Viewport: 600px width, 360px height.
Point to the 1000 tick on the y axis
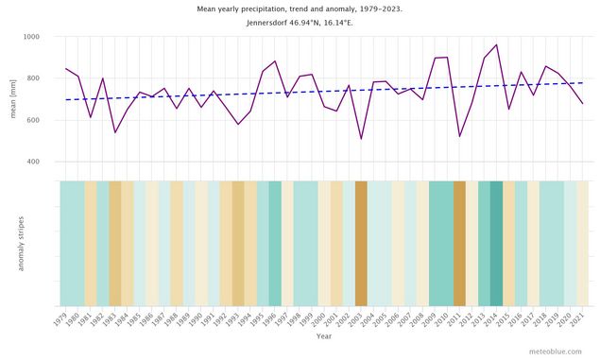(x=30, y=37)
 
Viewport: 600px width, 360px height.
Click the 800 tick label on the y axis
(x=33, y=78)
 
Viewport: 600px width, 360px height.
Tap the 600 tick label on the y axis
(x=33, y=120)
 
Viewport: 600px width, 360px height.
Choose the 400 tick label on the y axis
(x=33, y=162)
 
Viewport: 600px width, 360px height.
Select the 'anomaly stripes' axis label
(x=20, y=243)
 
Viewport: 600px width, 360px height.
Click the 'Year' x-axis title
(x=324, y=335)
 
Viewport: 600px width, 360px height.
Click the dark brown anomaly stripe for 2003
(x=361, y=243)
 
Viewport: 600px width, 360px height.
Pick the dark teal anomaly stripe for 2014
(x=496, y=243)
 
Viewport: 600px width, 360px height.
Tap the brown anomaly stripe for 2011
(x=459, y=243)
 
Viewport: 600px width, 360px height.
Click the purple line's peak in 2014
(x=496, y=44)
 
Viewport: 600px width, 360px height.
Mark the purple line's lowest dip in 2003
(x=361, y=139)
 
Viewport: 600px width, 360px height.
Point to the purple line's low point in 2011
(x=459, y=136)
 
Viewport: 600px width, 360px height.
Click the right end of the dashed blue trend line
(x=582, y=83)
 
